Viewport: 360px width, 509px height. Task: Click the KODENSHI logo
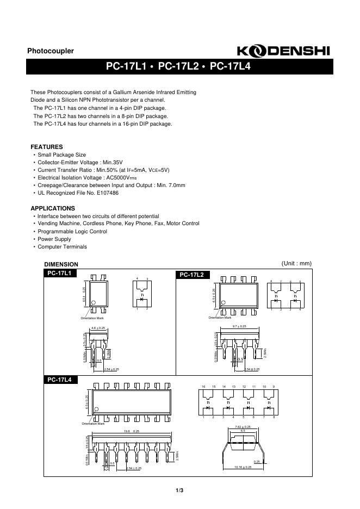283,51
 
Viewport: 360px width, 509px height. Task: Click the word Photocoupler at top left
51,51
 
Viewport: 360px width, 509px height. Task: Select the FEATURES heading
47,147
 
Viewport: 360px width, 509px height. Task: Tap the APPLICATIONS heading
53,208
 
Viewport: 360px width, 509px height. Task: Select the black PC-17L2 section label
191,275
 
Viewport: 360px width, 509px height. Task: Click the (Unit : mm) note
296,263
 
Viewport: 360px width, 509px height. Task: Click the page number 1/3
179,491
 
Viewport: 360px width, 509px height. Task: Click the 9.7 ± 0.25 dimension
239,326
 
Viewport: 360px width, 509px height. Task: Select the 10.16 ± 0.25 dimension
243,467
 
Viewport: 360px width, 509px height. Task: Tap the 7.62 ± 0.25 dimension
243,427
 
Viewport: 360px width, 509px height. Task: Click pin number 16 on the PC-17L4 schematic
203,387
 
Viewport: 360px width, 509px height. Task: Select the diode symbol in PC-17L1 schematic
142,299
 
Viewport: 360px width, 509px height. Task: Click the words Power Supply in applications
54,239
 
